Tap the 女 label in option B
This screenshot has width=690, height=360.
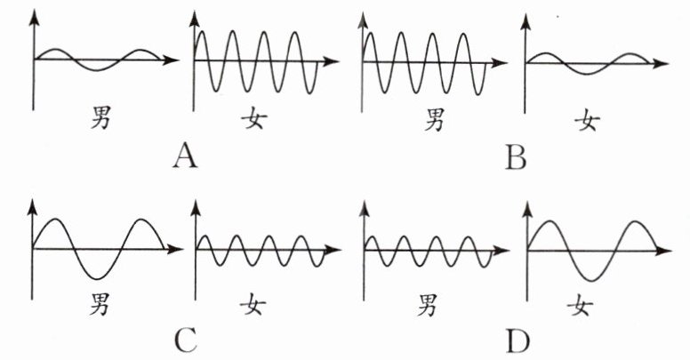tap(585, 118)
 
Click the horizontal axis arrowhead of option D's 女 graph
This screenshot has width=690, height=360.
tap(667, 247)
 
